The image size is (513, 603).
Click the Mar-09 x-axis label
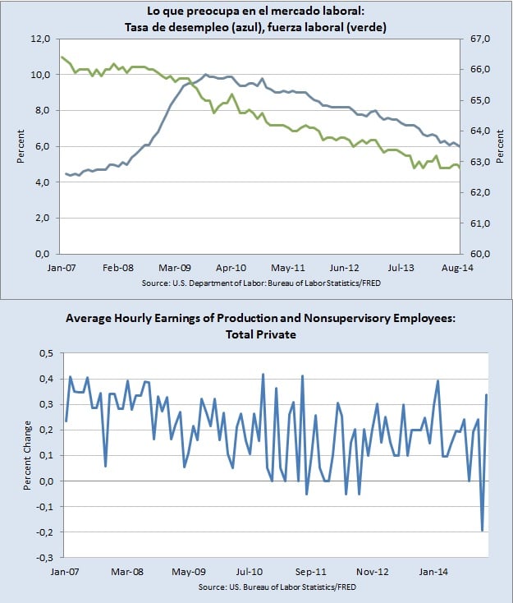(175, 267)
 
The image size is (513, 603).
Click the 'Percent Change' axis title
(28, 456)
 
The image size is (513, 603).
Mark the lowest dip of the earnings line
(482, 531)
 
